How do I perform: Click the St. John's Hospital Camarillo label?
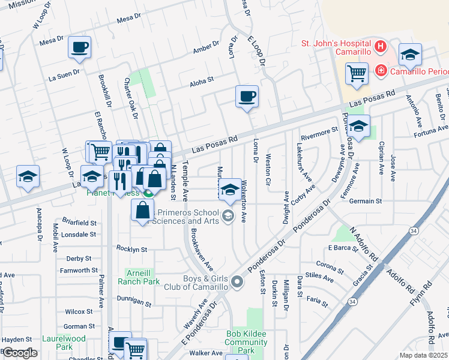(x=336, y=50)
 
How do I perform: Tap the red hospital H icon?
(x=379, y=46)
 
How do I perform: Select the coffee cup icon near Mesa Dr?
(x=79, y=47)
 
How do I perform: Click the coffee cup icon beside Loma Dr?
(x=246, y=97)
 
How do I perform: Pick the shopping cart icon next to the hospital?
(x=357, y=74)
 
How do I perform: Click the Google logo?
(x=20, y=353)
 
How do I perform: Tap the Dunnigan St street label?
(x=130, y=305)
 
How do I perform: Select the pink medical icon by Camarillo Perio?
(x=381, y=71)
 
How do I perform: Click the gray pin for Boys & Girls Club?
(x=238, y=281)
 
